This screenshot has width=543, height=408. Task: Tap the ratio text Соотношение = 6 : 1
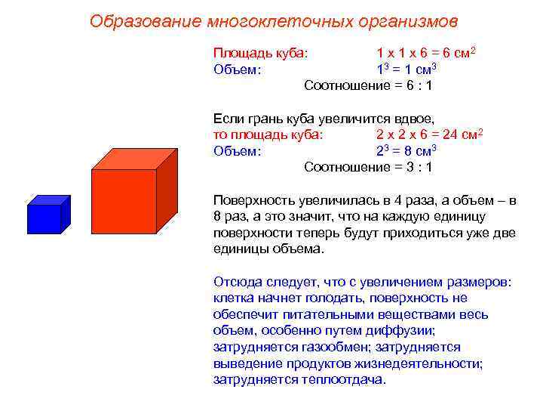[368, 85]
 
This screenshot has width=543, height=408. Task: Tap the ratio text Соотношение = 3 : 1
[368, 167]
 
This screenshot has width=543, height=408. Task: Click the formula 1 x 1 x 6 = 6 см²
[426, 54]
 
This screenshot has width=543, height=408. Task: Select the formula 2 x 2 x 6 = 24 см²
[428, 134]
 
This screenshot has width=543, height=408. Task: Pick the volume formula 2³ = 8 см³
[406, 150]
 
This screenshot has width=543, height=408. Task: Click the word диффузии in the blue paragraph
[404, 330]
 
